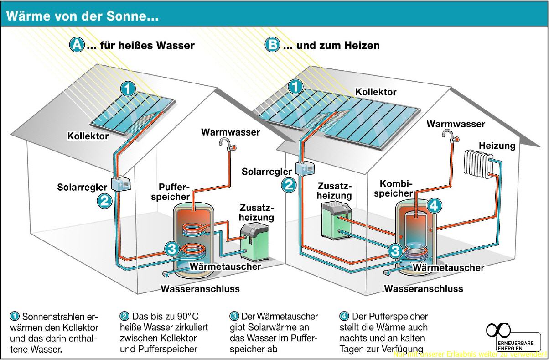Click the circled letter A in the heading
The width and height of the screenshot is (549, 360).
(77, 45)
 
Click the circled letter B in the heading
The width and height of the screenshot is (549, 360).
(273, 45)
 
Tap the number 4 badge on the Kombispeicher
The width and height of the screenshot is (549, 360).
(434, 206)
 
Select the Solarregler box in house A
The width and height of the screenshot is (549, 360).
(121, 184)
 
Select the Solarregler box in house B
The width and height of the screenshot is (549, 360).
(304, 168)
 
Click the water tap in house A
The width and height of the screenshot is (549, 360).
(226, 145)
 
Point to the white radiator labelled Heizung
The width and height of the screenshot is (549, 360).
(477, 163)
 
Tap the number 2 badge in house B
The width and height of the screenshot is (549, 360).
(289, 185)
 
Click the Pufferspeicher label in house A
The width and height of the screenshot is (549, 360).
(174, 192)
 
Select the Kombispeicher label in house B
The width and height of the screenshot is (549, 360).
(396, 188)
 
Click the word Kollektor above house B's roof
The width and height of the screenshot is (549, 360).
(376, 92)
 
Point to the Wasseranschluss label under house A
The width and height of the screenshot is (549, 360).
(200, 289)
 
